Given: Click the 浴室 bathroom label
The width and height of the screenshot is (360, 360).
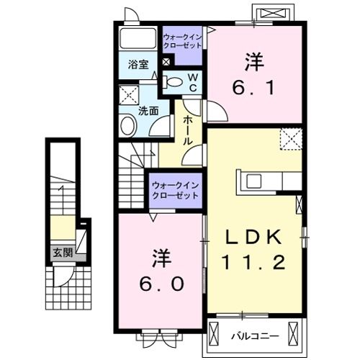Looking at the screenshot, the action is tap(138, 65).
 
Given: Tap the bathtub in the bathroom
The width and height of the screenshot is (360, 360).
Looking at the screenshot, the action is tap(138, 38).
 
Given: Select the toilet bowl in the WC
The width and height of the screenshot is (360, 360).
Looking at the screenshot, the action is tap(174, 82).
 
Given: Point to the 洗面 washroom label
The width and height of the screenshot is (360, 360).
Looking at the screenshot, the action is tap(148, 111).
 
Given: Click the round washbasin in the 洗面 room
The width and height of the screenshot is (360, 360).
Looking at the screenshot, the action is tap(127, 125).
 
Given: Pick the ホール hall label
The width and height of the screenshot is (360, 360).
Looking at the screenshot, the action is tap(188, 130).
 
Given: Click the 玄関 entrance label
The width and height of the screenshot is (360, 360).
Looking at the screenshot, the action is tap(63, 253).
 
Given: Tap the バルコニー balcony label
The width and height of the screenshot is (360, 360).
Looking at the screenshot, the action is tap(255, 336).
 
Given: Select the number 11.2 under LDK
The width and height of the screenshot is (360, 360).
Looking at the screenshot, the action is tap(254, 262).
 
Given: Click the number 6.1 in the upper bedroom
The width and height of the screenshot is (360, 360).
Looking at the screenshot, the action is tap(253, 87).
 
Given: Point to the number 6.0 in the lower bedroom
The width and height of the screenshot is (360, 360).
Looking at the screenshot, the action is tap(161, 284).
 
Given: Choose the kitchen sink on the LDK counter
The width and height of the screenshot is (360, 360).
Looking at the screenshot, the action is tap(254, 181).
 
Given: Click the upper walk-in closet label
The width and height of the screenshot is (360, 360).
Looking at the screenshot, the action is tap(182, 41).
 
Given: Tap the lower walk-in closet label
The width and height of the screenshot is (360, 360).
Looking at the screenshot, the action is tap(176, 191).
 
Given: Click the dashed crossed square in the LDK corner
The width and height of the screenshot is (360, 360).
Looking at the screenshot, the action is tap(292, 139).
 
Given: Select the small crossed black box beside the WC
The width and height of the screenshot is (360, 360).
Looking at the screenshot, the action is tap(166, 62).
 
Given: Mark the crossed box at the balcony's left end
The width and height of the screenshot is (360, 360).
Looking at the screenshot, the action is tap(214, 333).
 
